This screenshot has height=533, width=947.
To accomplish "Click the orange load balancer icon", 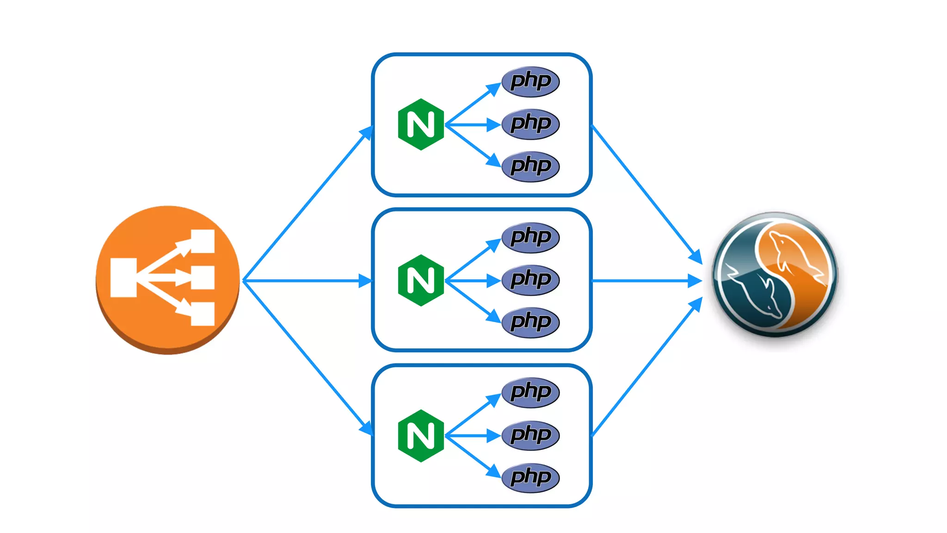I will pos(167,279).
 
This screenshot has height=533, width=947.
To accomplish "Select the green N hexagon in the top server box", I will pos(421,124).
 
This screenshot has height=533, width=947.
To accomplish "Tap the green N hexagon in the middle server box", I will pos(421,280).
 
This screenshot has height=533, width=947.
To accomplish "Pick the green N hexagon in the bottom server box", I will pos(421,436).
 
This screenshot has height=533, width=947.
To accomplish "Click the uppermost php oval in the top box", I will pos(531,81).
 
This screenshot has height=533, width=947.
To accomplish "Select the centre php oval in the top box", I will pos(531,124).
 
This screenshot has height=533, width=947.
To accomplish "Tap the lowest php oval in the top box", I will pos(531,166).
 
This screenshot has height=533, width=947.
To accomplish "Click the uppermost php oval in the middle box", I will pos(531,237).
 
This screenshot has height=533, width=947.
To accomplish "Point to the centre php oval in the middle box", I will pos(531,280).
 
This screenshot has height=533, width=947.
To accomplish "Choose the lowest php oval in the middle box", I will pos(531,322).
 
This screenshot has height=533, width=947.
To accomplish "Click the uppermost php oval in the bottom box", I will pos(531,392).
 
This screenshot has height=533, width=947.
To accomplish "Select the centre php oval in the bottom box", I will pos(531,435).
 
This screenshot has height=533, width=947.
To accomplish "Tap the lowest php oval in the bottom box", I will pos(531,477).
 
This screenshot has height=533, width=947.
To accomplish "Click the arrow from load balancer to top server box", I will pos(307,204).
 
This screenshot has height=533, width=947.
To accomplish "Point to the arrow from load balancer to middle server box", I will pos(307,280).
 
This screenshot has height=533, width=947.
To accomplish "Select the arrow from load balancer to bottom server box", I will pos(307,357).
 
